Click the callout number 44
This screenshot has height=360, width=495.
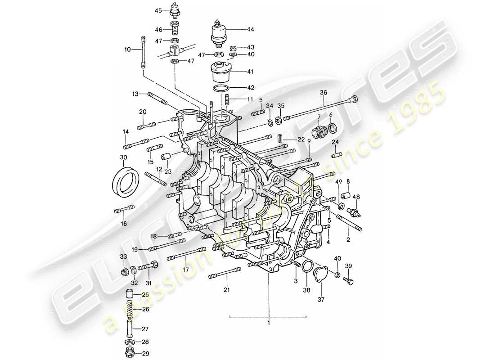(250, 29)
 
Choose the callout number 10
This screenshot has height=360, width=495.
(127, 50)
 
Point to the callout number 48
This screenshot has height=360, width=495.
(356, 196)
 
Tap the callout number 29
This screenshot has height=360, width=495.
(145, 355)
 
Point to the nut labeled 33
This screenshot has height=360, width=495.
(124, 272)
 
